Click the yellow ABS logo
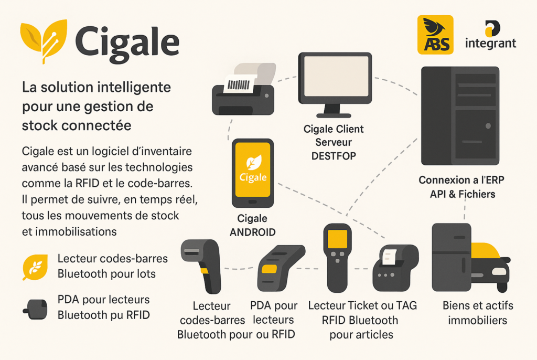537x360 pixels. coord(435,35)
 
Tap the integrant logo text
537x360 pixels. coord(490,43)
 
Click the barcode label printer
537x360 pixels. coord(243,89)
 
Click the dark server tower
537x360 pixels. coord(460,116)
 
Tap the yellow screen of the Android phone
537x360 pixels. coord(253,170)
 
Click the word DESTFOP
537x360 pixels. coord(334,156)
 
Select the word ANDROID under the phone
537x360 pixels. coord(252,232)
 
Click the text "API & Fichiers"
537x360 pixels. coord(463,194)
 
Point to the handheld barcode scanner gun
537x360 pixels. coord(201,266)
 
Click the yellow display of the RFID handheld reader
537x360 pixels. coord(337,239)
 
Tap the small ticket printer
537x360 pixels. coord(395,268)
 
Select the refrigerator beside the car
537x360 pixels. coord(452,257)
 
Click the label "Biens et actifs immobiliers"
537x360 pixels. coord(478,313)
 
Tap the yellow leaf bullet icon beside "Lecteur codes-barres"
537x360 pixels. coord(35,267)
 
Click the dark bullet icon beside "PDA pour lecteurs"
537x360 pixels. coord(35,309)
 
